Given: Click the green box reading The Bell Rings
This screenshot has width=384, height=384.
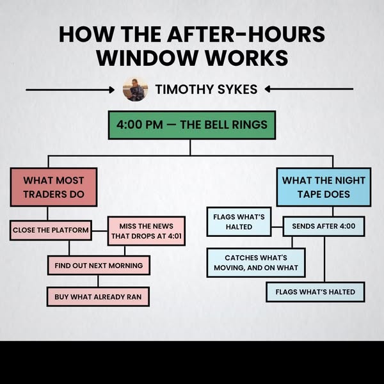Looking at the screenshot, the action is pyautogui.click(x=192, y=125).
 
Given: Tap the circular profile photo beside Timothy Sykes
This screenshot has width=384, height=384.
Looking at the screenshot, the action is pyautogui.click(x=136, y=89).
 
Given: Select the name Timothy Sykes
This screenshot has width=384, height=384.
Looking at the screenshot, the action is pyautogui.click(x=206, y=89).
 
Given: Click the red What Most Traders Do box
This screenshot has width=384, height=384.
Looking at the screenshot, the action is pyautogui.click(x=54, y=187).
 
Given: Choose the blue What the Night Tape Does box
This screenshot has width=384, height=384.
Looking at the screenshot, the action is pyautogui.click(x=324, y=187).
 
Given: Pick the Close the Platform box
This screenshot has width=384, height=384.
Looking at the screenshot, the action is pyautogui.click(x=51, y=230).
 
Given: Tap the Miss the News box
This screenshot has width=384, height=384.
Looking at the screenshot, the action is pyautogui.click(x=147, y=231).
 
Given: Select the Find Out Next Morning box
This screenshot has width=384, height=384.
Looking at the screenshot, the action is pyautogui.click(x=99, y=266).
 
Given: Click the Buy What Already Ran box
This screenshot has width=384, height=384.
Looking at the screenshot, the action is pyautogui.click(x=98, y=297).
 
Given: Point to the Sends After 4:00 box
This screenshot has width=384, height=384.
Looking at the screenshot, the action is pyautogui.click(x=324, y=226).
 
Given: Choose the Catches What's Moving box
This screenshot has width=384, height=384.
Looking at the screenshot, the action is pyautogui.click(x=256, y=263).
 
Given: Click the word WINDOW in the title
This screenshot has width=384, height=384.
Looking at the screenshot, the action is pyautogui.click(x=147, y=58).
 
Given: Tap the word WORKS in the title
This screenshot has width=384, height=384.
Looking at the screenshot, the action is pyautogui.click(x=246, y=58).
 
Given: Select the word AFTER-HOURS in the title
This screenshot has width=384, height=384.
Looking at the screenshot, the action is pyautogui.click(x=246, y=34).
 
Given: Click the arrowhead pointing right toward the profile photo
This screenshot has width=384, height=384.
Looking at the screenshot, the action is pyautogui.click(x=112, y=90).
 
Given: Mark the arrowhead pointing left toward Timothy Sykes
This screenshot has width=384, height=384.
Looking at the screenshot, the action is pyautogui.click(x=268, y=89).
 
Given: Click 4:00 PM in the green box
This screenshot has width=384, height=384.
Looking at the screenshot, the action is pyautogui.click(x=140, y=125).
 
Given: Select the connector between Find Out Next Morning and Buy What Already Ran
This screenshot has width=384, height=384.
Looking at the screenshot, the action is pyautogui.click(x=98, y=281).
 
